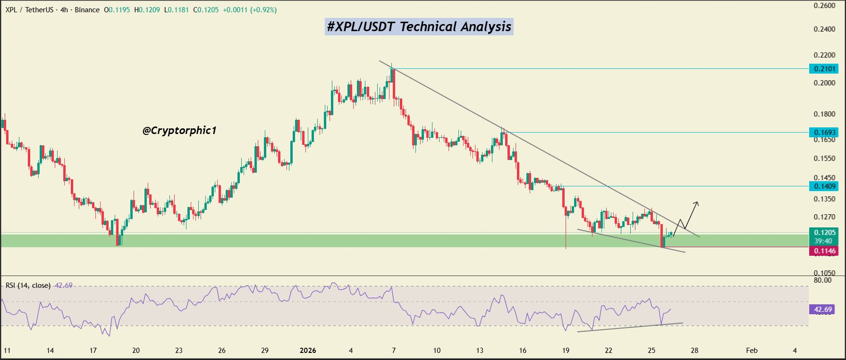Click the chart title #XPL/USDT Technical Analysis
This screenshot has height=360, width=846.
[x=419, y=26]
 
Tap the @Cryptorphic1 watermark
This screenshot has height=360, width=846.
[x=179, y=130]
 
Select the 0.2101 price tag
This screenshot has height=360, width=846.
[x=824, y=69]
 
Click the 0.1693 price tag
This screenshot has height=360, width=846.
[x=824, y=133]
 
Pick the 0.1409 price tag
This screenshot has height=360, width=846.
[x=824, y=186]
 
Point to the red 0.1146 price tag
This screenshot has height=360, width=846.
[x=824, y=251]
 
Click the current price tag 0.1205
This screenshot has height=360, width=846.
[x=824, y=233]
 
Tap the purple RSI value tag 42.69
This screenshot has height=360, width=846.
[x=822, y=310]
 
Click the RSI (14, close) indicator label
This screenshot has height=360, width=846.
[x=28, y=285]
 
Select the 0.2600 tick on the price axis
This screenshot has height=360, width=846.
[x=824, y=6]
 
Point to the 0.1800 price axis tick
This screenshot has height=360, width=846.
[x=824, y=114]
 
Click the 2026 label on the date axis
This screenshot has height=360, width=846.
[x=308, y=351]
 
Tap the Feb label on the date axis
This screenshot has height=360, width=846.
[x=752, y=351]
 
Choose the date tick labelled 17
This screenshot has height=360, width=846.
[x=93, y=351]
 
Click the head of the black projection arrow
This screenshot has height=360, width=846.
[x=697, y=203]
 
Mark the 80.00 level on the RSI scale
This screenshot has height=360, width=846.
[x=823, y=280]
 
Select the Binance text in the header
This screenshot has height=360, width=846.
[x=87, y=9]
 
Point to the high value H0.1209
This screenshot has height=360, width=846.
[x=147, y=9]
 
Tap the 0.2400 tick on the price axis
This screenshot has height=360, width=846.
[x=824, y=29]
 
